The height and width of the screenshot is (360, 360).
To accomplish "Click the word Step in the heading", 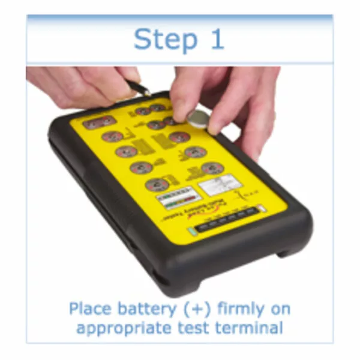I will coord(160,39).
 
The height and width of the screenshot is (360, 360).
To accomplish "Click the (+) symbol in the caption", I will coord(205,310).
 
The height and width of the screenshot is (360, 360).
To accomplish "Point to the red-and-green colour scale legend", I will coord(175,198).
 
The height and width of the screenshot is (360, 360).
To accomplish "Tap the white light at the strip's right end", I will coord(260,210).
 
